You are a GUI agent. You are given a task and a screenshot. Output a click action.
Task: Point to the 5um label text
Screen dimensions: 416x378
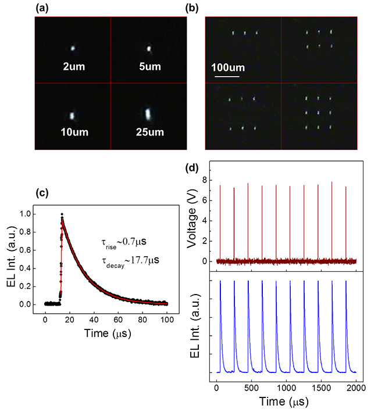149,66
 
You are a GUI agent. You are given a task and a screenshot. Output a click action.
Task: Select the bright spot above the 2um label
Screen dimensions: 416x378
73,49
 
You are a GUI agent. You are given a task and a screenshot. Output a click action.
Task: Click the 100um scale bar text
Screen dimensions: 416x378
227,68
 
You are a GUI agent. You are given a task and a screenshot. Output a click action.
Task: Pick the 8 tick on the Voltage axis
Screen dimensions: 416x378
205,180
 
